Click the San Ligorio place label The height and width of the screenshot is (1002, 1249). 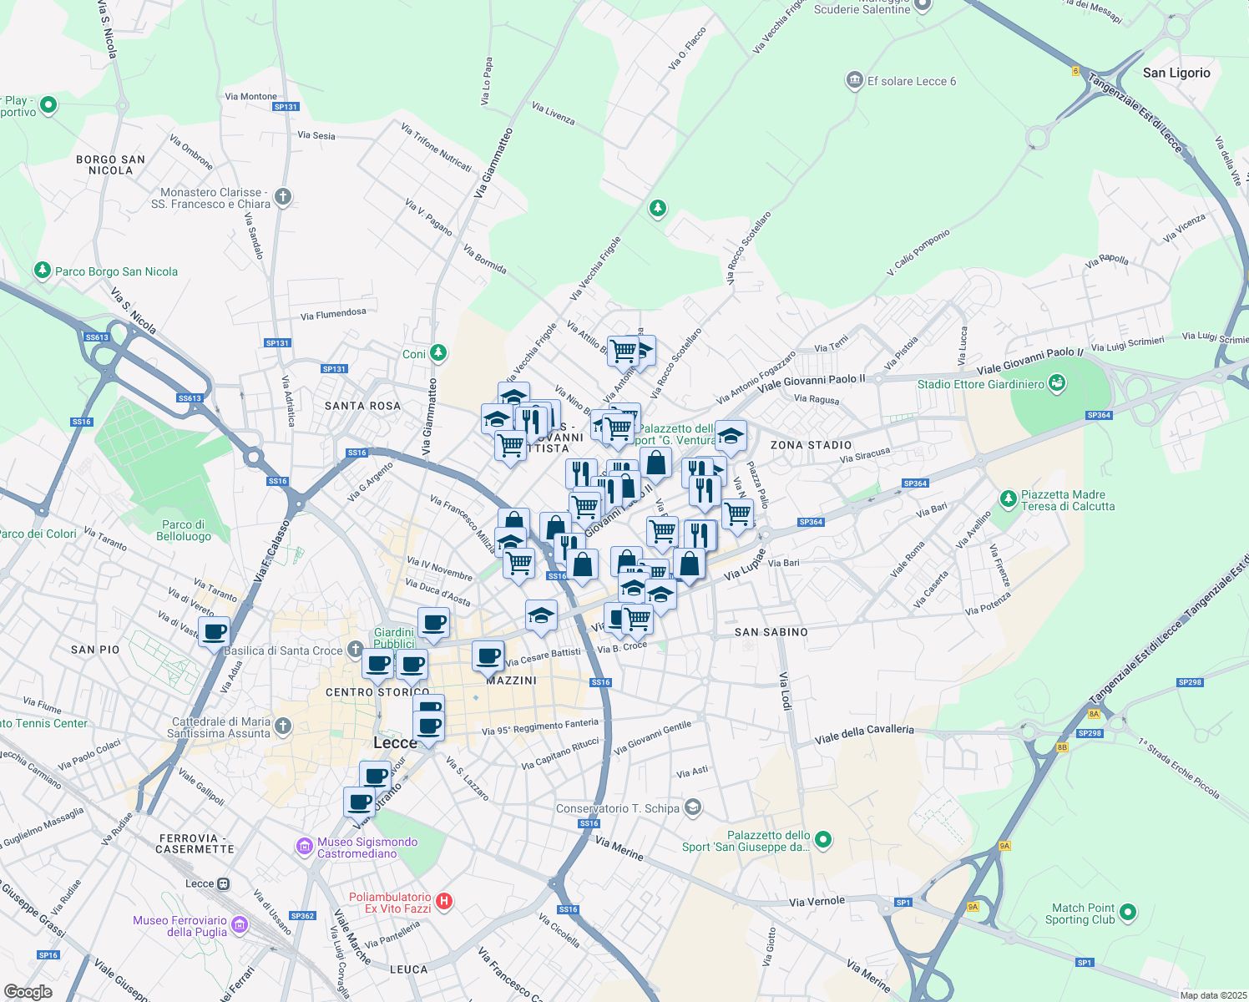[x=1176, y=73]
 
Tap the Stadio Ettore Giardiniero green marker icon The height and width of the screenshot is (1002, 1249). [x=1058, y=383]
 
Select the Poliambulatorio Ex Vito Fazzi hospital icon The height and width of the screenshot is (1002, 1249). [x=444, y=901]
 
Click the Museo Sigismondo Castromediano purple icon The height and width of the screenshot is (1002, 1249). [x=305, y=848]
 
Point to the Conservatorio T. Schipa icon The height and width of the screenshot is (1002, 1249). [x=692, y=807]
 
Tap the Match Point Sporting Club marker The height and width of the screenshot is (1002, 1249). [x=1128, y=913]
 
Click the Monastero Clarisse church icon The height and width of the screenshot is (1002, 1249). [x=283, y=197]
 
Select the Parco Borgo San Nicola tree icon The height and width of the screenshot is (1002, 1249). [x=42, y=271]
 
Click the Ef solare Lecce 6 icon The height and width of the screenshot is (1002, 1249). [x=854, y=81]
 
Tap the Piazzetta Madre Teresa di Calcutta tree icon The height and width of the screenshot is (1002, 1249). [x=1009, y=499]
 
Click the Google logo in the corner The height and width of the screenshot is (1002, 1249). [x=28, y=991]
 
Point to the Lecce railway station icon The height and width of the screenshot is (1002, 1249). [x=223, y=883]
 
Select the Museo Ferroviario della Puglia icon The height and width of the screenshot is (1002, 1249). [x=240, y=924]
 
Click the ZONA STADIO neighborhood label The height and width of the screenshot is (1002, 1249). [x=811, y=445]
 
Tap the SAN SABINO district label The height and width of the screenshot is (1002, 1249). [x=771, y=632]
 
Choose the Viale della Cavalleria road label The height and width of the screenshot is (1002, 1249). [x=863, y=733]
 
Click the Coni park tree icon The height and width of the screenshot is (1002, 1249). [x=437, y=353]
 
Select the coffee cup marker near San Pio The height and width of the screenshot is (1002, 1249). [x=214, y=631]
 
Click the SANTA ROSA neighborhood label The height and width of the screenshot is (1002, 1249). [x=362, y=406]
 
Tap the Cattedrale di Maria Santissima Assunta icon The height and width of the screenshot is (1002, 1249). [x=283, y=726]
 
